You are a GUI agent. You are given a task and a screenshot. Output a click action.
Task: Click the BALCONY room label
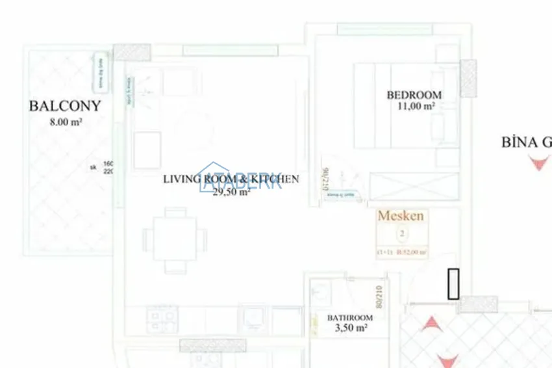tap(65, 106)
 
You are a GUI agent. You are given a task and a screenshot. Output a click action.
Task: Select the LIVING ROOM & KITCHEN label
tap(231, 179)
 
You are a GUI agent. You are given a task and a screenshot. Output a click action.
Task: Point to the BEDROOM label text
tap(414, 95)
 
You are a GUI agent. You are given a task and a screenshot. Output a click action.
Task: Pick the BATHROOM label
tap(350, 318)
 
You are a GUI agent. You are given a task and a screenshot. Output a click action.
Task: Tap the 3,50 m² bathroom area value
tap(351, 329)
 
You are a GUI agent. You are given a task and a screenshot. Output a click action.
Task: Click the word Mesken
tap(401, 216)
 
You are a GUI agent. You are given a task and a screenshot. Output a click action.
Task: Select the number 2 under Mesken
tap(402, 233)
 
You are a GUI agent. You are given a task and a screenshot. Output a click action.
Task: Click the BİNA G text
tap(526, 142)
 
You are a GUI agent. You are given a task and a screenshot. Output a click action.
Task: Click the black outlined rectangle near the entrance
tap(453, 284)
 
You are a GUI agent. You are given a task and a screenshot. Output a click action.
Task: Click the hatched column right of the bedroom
tap(468, 78)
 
